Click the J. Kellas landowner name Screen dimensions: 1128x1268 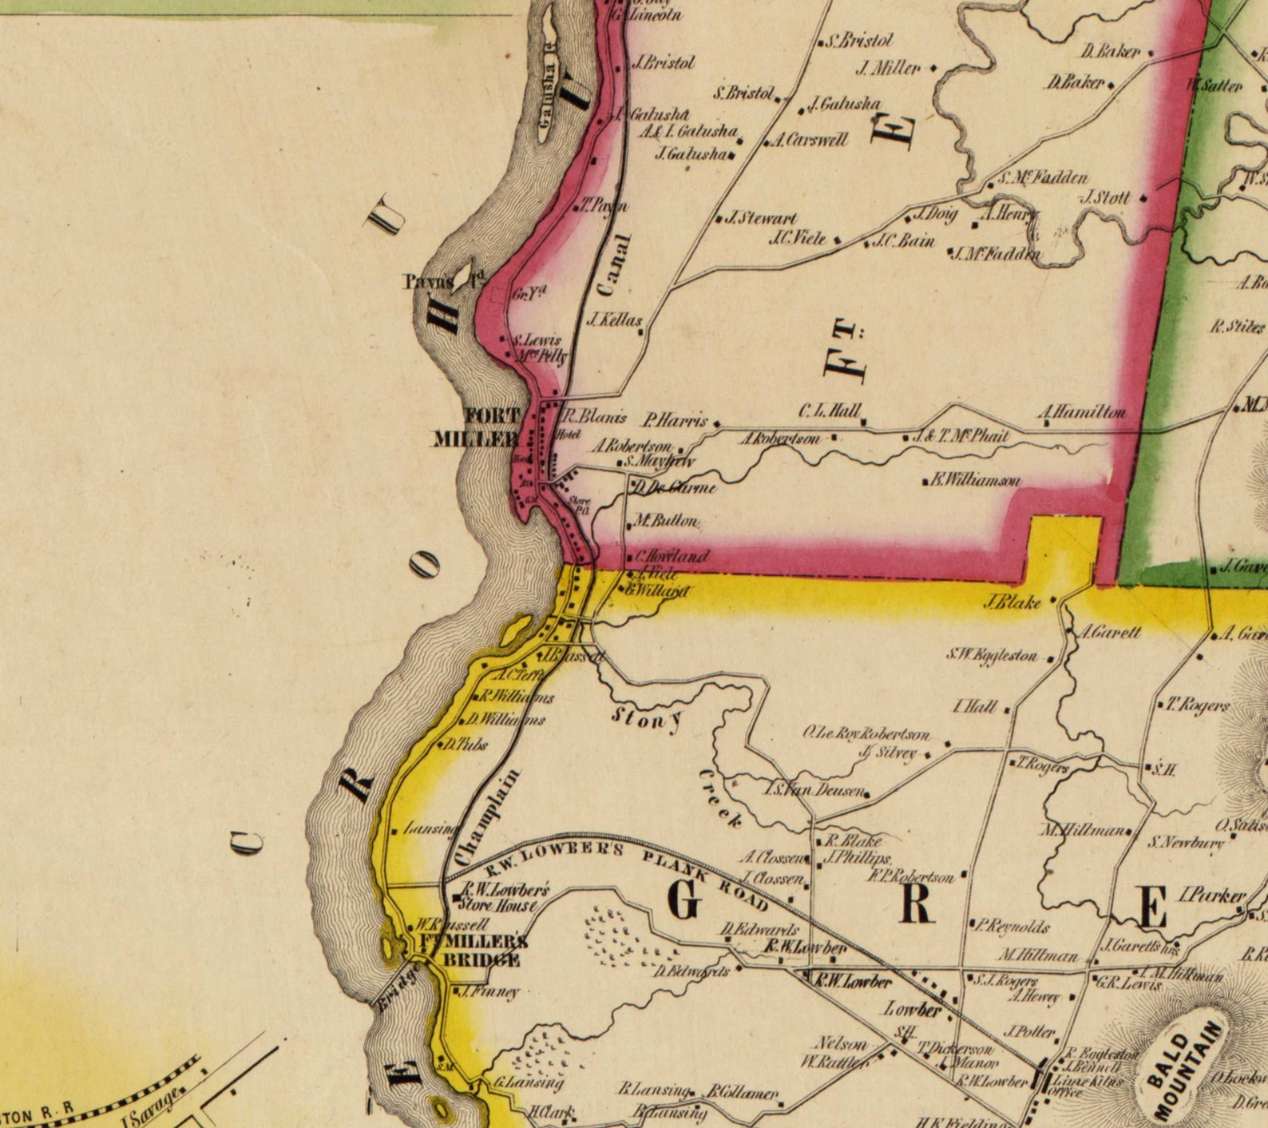point(615,320)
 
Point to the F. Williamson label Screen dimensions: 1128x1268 point(975,480)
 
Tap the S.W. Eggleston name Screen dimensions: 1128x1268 point(993,655)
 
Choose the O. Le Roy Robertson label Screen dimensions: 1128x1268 point(866,733)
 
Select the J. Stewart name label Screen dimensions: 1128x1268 point(760,217)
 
